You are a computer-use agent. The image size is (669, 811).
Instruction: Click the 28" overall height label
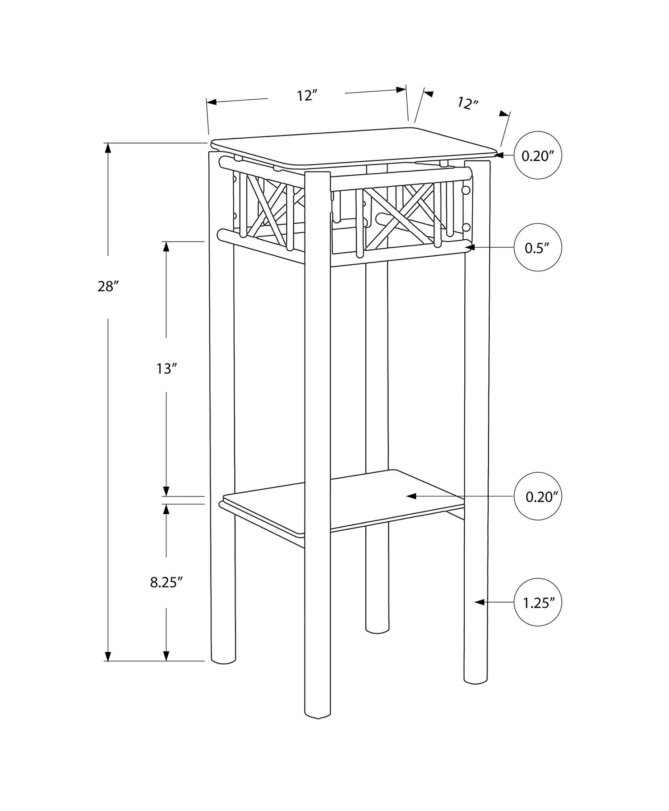pyautogui.click(x=107, y=287)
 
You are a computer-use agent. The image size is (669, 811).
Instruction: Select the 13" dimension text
pyautogui.click(x=167, y=369)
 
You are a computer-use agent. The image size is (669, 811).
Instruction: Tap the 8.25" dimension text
pyautogui.click(x=167, y=582)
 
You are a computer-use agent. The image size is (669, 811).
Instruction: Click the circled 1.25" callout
pyautogui.click(x=538, y=602)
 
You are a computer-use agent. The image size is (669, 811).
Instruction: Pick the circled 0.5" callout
pyautogui.click(x=538, y=247)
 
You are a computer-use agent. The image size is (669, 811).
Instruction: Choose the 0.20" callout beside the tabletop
pyautogui.click(x=538, y=156)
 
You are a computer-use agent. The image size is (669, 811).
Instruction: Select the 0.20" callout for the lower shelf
pyautogui.click(x=538, y=496)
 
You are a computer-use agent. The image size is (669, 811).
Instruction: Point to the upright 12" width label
pyautogui.click(x=307, y=95)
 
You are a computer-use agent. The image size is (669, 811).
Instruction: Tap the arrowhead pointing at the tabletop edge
pyautogui.click(x=500, y=156)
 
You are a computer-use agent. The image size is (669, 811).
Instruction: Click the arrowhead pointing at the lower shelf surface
pyautogui.click(x=411, y=496)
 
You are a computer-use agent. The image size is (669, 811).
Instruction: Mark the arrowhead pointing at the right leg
pyautogui.click(x=479, y=602)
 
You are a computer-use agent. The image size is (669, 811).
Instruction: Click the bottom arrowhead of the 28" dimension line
pyautogui.click(x=107, y=655)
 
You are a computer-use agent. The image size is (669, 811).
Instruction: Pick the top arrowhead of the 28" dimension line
pyautogui.click(x=107, y=148)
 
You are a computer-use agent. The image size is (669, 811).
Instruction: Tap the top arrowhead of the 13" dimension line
pyautogui.click(x=166, y=247)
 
